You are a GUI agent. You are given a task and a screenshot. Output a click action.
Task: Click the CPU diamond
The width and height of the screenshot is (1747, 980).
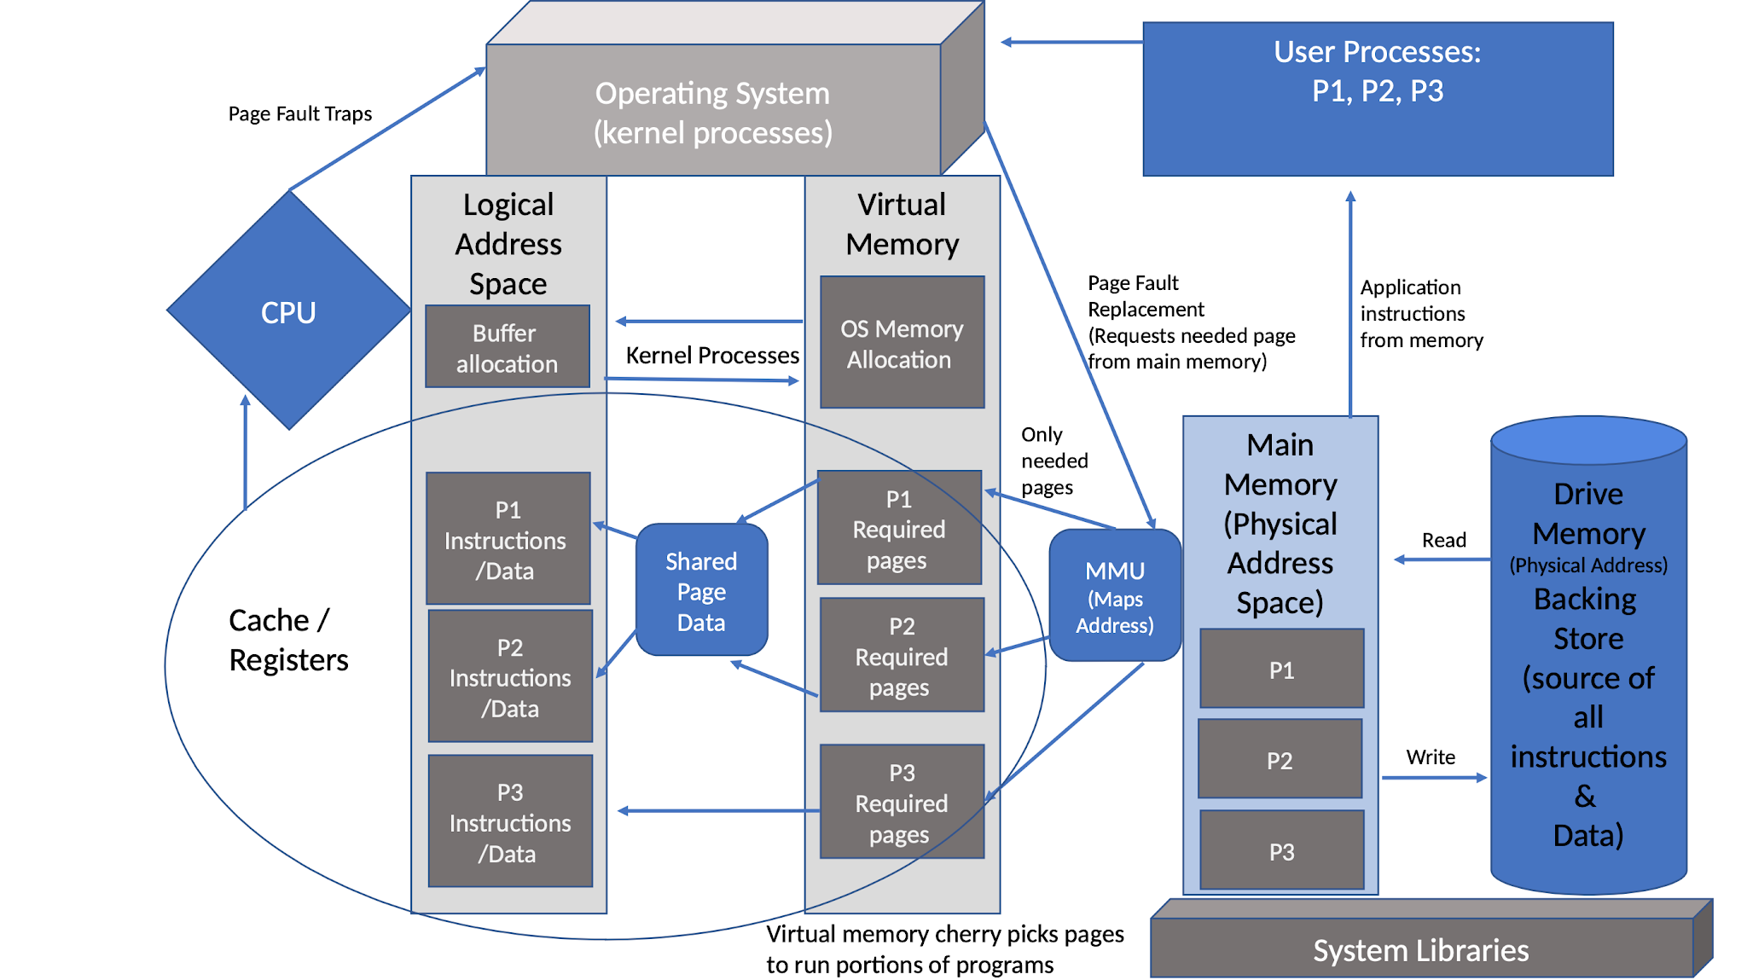(x=288, y=311)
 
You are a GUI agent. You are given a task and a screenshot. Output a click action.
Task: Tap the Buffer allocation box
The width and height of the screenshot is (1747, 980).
(x=508, y=347)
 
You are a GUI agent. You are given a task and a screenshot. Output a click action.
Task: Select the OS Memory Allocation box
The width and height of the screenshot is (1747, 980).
(x=902, y=343)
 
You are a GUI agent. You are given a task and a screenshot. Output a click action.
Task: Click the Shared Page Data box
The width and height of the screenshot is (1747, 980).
(x=701, y=590)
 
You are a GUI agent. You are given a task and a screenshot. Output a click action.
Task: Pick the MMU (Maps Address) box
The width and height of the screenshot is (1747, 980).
(x=1114, y=596)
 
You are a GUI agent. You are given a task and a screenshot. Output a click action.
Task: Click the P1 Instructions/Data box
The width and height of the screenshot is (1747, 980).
(x=508, y=539)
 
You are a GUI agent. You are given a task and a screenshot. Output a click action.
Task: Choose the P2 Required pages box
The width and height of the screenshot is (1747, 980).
(x=902, y=655)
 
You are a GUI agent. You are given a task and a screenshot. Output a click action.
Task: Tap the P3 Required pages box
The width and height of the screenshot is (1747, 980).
(x=902, y=802)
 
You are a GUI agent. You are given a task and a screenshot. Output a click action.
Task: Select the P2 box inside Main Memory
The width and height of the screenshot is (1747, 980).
(x=1280, y=759)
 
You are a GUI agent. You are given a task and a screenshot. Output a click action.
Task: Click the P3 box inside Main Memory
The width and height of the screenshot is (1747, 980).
(x=1281, y=850)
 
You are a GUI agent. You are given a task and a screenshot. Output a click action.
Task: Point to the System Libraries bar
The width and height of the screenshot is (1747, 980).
(x=1420, y=948)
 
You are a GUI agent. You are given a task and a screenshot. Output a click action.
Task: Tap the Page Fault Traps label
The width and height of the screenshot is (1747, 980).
(x=299, y=113)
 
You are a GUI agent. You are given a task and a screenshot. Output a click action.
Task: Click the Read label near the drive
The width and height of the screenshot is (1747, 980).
(x=1443, y=540)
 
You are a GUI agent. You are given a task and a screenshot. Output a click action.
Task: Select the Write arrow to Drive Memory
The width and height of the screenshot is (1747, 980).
(x=1433, y=777)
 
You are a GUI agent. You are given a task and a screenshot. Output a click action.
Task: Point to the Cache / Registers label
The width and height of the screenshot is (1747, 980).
(x=287, y=640)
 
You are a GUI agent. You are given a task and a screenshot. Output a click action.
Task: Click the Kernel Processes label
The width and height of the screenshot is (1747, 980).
(x=711, y=355)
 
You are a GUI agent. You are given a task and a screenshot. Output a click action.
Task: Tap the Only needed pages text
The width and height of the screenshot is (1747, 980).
(x=1053, y=461)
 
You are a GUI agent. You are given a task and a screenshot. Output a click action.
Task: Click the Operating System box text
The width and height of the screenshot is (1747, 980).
(x=712, y=113)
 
